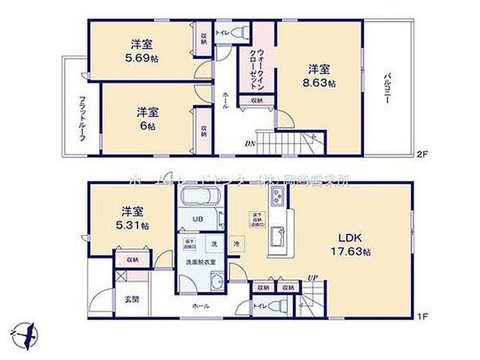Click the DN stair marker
[251, 143]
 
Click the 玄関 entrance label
[131, 299]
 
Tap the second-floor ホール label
[225, 99]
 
